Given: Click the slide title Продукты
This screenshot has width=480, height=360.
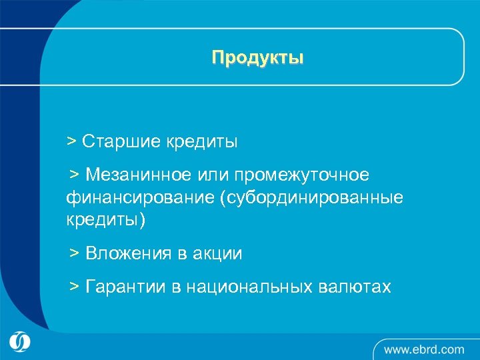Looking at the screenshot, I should (x=257, y=58).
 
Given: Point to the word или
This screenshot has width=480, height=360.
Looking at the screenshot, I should (x=212, y=175).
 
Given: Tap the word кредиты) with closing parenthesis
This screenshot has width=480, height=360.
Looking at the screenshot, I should (x=105, y=221).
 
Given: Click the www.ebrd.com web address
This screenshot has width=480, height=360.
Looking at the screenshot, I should (x=424, y=349).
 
